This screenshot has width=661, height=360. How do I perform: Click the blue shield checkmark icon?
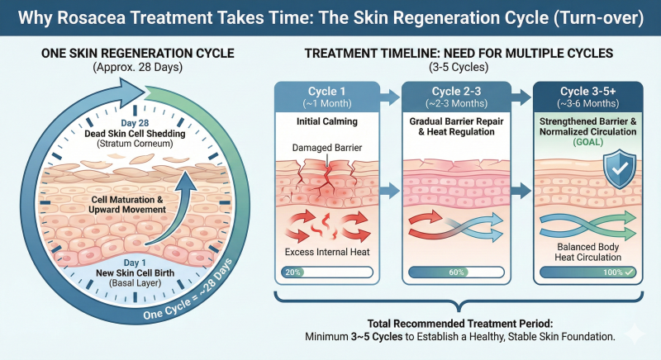pos(619,168)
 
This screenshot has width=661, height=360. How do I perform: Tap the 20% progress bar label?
pos(292,272)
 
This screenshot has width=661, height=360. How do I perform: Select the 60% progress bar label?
pos(456,272)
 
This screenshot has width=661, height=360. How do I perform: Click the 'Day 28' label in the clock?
pos(135,123)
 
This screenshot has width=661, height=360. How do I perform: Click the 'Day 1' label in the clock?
pos(135,263)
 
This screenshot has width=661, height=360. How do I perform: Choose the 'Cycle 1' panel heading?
pos(326,92)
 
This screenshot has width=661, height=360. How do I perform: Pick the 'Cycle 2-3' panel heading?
pos(457,92)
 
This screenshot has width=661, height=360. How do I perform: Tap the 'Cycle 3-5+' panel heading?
pos(588,92)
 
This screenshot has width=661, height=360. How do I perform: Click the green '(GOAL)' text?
pos(588,142)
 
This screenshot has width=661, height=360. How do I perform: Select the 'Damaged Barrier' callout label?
pos(327,148)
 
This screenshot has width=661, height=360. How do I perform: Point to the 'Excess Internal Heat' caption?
pos(327,252)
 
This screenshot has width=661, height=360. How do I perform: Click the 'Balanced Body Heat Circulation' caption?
pos(588,252)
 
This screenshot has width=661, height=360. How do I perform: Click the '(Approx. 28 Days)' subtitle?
pos(138,68)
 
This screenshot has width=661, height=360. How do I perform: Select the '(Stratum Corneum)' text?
pos(135,144)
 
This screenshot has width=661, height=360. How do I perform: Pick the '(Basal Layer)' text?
pos(135,283)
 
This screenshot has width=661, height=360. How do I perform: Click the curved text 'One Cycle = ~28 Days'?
pos(188,291)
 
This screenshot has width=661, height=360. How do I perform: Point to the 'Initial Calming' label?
pos(327,121)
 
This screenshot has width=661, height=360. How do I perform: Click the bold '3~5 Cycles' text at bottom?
pos(377,337)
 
